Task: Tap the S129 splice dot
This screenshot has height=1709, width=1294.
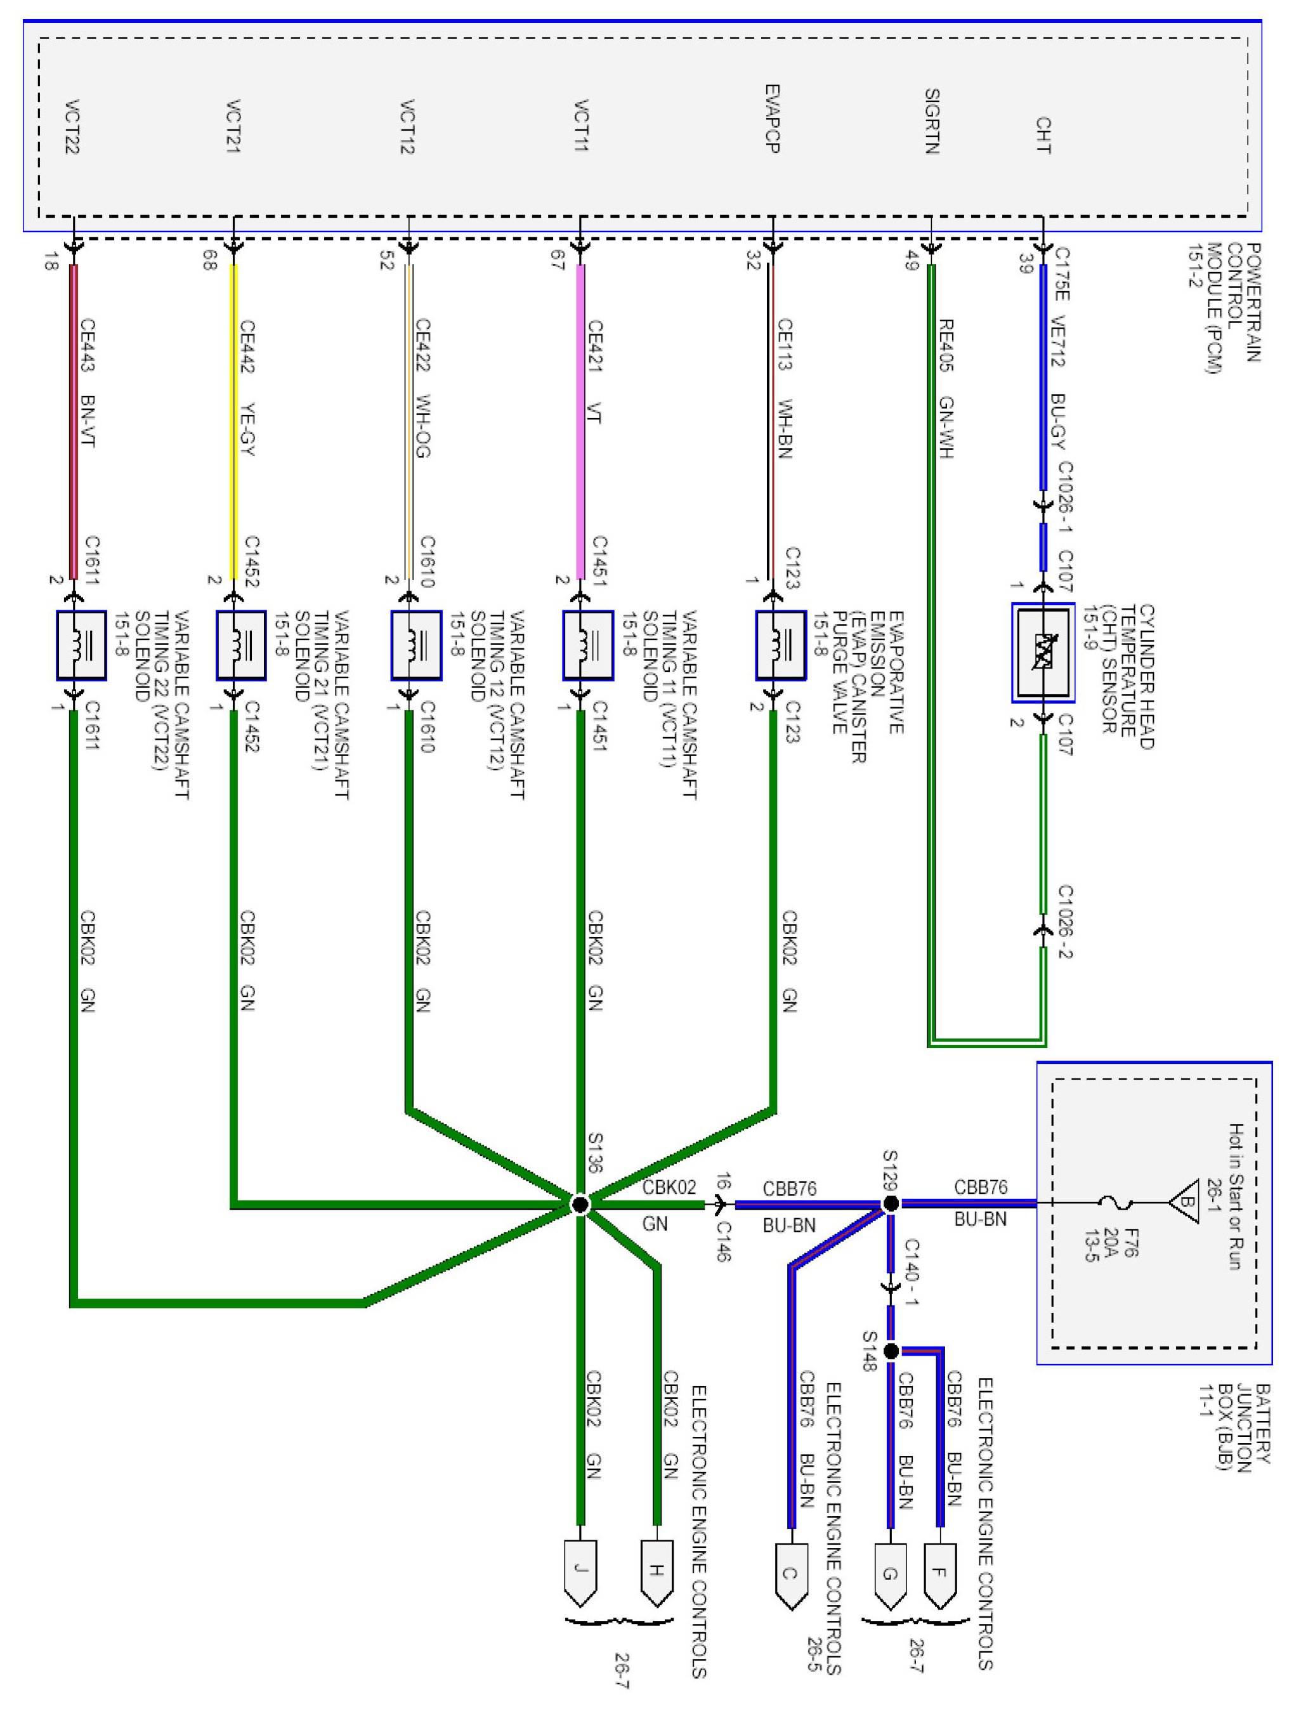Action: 890,1203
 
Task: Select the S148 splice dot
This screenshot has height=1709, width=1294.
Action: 890,1351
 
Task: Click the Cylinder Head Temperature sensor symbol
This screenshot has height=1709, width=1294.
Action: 1043,652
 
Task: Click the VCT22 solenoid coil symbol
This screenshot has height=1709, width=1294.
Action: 81,645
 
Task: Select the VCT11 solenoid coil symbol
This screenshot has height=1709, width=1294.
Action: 587,645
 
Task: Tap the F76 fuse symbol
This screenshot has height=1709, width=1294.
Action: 1116,1203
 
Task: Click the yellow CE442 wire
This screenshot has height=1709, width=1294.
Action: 233,421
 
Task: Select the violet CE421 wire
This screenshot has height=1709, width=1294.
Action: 580,421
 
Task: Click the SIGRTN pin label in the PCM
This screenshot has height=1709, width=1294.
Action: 932,121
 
